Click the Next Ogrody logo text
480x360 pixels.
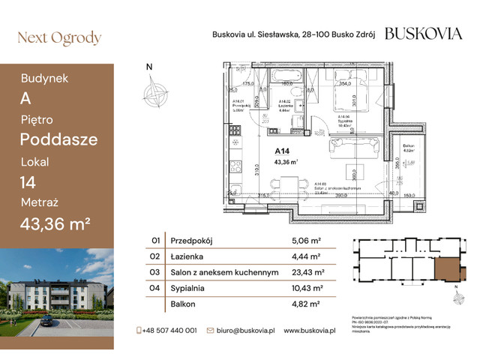pos(58,38)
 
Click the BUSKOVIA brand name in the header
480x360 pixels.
pos(423,33)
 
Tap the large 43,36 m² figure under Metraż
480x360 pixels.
pos(55,223)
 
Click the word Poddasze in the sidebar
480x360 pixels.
pos(58,139)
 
